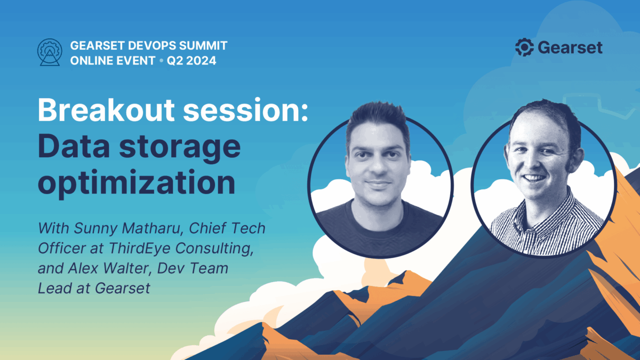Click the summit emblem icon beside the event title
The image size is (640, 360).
(x=50, y=52)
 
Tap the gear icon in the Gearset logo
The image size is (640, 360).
(x=524, y=47)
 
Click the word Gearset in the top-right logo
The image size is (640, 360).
(x=570, y=47)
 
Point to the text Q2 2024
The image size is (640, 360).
(x=191, y=61)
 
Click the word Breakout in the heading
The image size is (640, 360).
(x=106, y=110)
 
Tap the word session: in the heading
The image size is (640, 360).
(x=245, y=110)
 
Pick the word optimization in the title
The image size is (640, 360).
(x=137, y=183)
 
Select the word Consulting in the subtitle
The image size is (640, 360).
(x=214, y=249)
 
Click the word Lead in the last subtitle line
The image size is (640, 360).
(x=54, y=289)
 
